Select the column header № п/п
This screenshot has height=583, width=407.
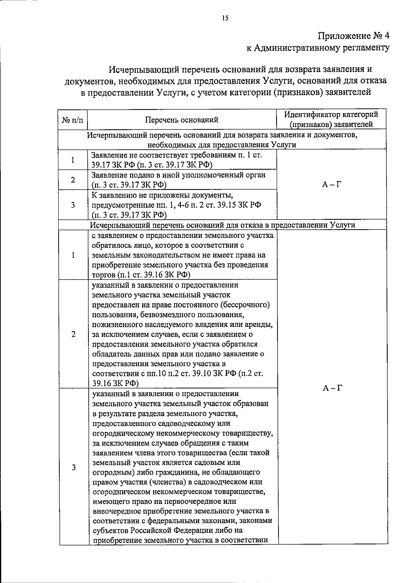tap(72, 120)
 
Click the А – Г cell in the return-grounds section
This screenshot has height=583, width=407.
tap(331, 184)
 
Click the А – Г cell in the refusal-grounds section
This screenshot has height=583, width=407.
tap(332, 388)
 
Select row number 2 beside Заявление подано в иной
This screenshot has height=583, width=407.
tap(73, 180)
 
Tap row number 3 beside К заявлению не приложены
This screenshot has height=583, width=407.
tap(73, 205)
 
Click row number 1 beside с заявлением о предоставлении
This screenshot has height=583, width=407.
tap(73, 255)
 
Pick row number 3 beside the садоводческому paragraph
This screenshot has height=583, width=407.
tap(73, 467)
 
